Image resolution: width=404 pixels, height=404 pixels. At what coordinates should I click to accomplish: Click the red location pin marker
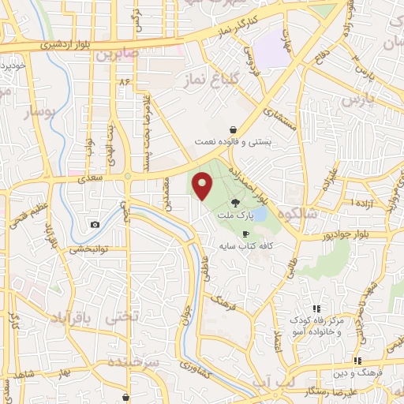tap(203, 185)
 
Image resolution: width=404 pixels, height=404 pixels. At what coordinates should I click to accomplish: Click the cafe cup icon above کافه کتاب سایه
tap(245, 234)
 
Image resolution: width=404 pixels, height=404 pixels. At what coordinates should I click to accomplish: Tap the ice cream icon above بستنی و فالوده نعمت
tap(234, 129)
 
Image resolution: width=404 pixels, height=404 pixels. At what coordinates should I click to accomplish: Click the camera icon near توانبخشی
tap(95, 224)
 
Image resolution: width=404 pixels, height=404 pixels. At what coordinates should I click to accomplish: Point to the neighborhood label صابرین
tap(118, 55)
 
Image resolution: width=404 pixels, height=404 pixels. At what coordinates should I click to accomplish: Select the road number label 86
tap(124, 81)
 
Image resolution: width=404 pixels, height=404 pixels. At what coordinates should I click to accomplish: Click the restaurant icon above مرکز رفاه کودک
tap(316, 309)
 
